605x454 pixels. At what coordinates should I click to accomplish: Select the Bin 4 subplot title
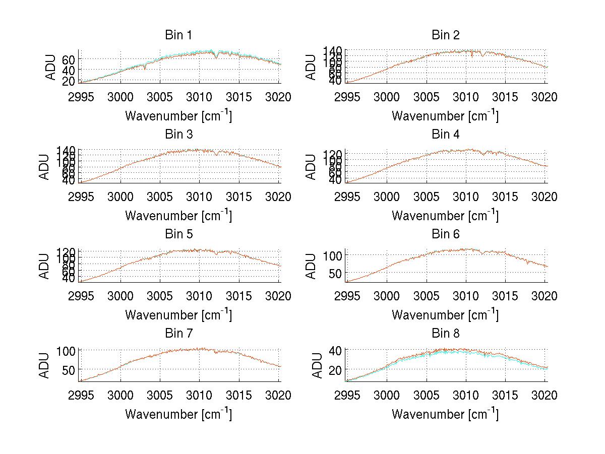click(446, 135)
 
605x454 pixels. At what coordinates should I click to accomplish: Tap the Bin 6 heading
click(446, 234)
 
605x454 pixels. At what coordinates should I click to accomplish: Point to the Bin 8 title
click(446, 334)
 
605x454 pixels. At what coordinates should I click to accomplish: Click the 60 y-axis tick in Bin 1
click(69, 59)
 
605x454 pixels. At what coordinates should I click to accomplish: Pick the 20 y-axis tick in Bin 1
click(69, 81)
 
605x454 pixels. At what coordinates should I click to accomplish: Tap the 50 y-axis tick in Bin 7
click(69, 370)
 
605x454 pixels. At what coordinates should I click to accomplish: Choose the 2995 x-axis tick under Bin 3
click(81, 197)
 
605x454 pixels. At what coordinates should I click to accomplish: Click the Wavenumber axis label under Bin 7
click(178, 414)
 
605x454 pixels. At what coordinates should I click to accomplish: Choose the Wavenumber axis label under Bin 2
click(445, 115)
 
